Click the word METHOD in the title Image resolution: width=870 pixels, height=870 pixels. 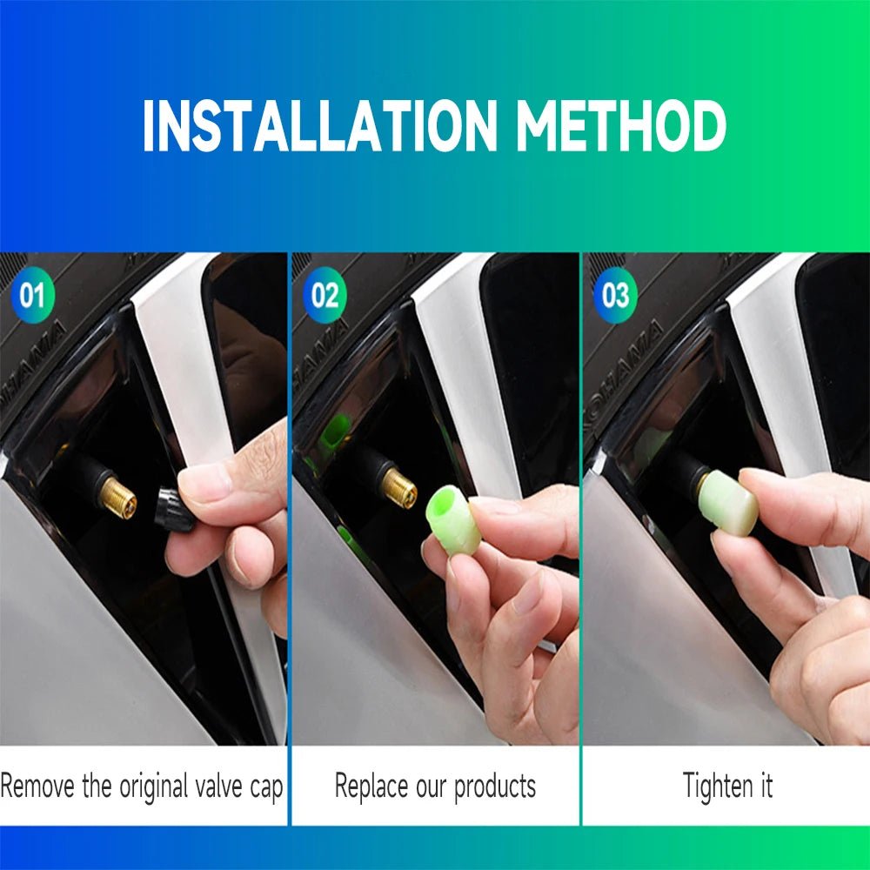[621, 127]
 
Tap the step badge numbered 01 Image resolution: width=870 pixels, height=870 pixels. [32, 297]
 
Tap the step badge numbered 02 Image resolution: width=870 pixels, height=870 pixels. [324, 297]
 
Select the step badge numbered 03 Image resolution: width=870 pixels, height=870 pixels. [615, 297]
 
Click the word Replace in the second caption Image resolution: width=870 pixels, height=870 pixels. [371, 787]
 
